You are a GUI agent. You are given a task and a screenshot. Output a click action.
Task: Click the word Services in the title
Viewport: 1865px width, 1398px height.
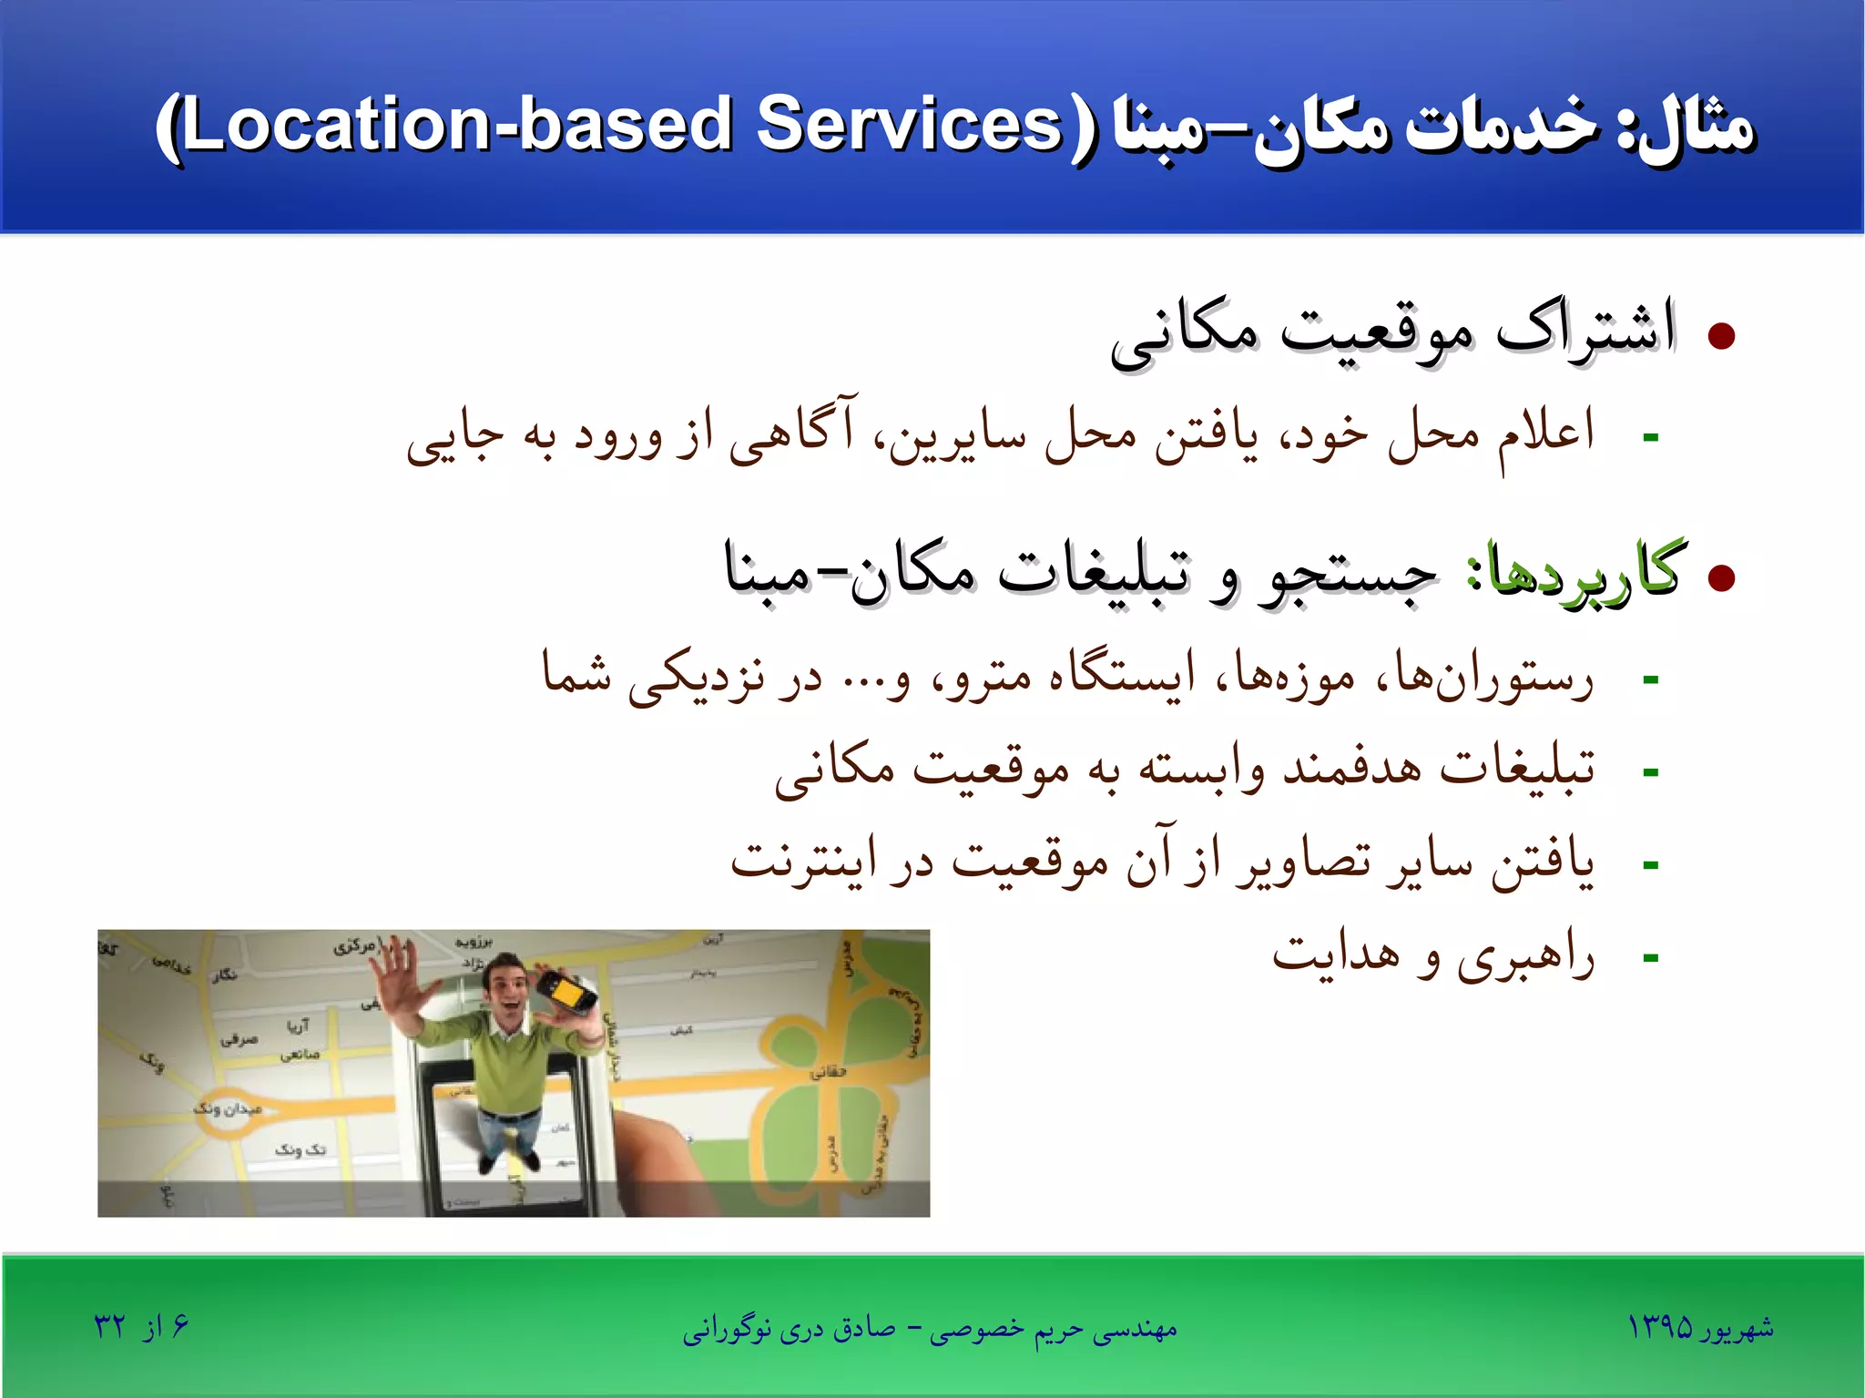pos(909,125)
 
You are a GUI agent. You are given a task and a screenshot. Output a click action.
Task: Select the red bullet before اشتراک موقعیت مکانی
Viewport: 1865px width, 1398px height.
pos(1721,336)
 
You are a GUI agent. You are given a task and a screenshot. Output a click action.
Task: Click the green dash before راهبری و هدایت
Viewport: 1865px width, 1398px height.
pos(1650,958)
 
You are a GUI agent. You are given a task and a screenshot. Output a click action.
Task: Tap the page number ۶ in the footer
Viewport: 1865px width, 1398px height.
pos(179,1324)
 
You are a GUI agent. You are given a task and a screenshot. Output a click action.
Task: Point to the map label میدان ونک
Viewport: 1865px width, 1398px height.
pos(228,1107)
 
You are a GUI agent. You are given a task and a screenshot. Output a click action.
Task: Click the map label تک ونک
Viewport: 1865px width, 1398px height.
pos(300,1149)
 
